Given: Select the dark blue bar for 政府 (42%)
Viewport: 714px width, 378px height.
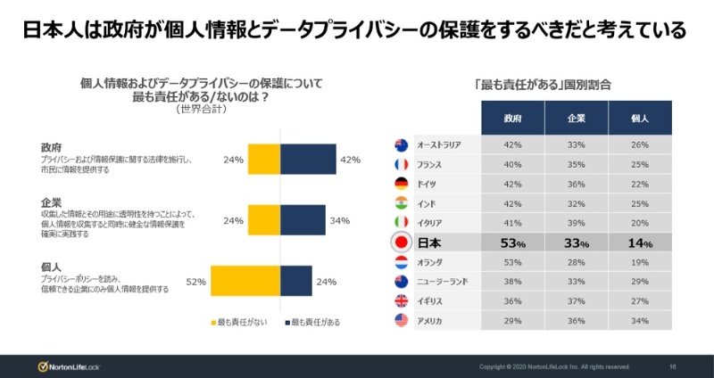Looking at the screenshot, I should pyautogui.click(x=308, y=160).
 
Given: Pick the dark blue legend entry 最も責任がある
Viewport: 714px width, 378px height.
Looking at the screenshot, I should pyautogui.click(x=313, y=322).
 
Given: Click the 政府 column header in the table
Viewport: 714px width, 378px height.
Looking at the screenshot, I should pyautogui.click(x=512, y=117).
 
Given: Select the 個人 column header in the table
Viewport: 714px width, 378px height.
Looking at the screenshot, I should pyautogui.click(x=640, y=117).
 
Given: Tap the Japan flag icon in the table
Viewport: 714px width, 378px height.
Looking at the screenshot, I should pyautogui.click(x=402, y=242).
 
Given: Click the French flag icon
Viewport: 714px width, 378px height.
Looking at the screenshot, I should pyautogui.click(x=402, y=164).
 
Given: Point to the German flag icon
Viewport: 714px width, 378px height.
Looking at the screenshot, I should pyautogui.click(x=402, y=184).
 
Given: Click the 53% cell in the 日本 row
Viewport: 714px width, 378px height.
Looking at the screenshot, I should pyautogui.click(x=512, y=242).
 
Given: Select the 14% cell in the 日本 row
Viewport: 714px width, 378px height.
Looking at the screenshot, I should pyautogui.click(x=640, y=242).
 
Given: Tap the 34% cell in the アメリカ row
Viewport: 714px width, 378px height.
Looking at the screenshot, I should pyautogui.click(x=640, y=320).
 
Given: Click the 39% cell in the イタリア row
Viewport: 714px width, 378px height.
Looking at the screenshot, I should pyautogui.click(x=577, y=222).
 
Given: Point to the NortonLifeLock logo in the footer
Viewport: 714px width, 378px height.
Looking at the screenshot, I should pyautogui.click(x=71, y=366).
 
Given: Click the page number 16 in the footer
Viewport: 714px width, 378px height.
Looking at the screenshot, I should pyautogui.click(x=672, y=366).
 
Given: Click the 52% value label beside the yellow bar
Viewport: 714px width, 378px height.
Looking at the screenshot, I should pyautogui.click(x=196, y=282).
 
